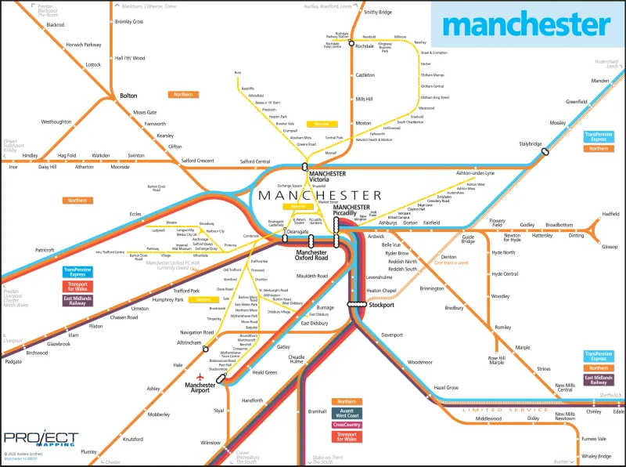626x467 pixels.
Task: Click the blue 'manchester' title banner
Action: (x=526, y=25)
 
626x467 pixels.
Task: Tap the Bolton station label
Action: (x=128, y=96)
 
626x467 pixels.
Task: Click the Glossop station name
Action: (x=609, y=247)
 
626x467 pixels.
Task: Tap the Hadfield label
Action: (x=610, y=214)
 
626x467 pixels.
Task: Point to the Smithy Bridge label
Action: (x=378, y=13)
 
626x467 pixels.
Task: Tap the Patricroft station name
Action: (x=44, y=251)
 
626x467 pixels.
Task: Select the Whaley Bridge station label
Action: (x=595, y=455)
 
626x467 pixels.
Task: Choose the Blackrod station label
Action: (x=55, y=25)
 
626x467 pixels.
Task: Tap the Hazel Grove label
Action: (x=446, y=388)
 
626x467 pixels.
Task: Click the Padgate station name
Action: (x=13, y=362)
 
